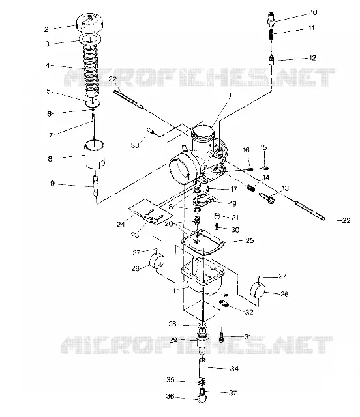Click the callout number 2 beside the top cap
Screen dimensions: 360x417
(46, 29)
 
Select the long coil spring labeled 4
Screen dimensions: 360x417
(91, 71)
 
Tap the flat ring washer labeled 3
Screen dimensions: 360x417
(90, 38)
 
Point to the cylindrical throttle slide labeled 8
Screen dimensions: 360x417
(95, 154)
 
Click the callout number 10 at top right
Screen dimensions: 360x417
(314, 12)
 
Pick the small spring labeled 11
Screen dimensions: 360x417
(271, 35)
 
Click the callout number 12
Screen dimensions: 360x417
(312, 58)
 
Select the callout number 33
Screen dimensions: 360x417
(135, 145)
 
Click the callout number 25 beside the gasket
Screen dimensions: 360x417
(250, 240)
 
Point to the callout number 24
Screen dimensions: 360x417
(121, 224)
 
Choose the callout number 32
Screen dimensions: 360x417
(249, 312)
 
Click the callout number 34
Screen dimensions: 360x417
(234, 369)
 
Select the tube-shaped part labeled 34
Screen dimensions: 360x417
(203, 368)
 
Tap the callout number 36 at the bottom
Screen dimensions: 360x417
(170, 396)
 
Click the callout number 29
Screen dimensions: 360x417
(173, 340)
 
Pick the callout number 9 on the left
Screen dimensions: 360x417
(52, 184)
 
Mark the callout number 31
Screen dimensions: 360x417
(248, 337)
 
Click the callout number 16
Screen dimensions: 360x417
(247, 150)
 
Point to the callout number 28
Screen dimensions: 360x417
(173, 324)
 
